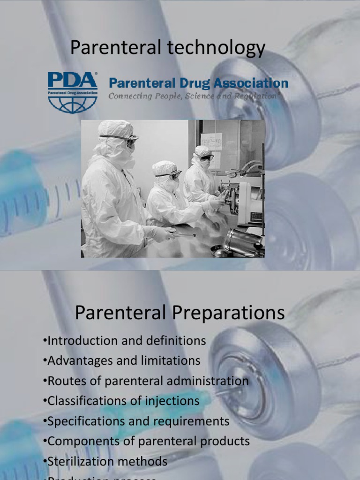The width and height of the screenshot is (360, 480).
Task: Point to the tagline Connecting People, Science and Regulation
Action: point(192,96)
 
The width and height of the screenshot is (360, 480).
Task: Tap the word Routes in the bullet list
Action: point(64,381)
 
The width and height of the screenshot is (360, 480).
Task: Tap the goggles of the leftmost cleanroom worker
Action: point(127,138)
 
